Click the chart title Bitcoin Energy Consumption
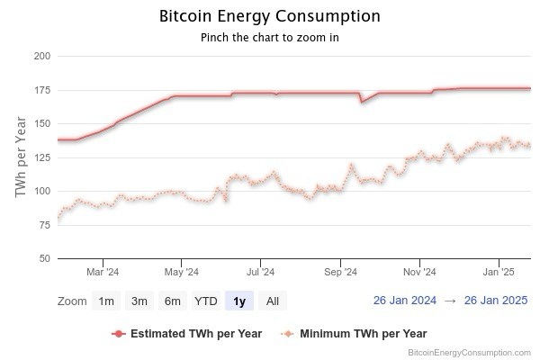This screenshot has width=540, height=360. click(x=269, y=16)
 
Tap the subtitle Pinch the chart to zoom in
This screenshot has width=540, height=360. click(x=269, y=38)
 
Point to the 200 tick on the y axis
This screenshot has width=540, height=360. click(x=40, y=56)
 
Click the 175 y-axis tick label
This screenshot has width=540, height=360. click(x=40, y=90)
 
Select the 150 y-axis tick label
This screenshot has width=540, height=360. click(x=40, y=123)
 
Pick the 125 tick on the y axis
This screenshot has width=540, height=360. click(x=40, y=157)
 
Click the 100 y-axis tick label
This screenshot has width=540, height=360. click(x=40, y=191)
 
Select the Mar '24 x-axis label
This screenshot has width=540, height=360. click(x=102, y=271)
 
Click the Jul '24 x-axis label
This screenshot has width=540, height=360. click(x=260, y=271)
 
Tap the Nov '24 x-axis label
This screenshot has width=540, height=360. click(x=419, y=271)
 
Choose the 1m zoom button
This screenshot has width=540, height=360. click(x=106, y=301)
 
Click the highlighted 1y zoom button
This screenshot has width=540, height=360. click(x=238, y=301)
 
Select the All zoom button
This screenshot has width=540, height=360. click(x=272, y=301)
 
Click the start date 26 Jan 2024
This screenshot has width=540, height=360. click(x=405, y=301)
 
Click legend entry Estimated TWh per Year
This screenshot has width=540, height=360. click(x=196, y=333)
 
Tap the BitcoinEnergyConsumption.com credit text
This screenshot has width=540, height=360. click(x=469, y=353)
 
